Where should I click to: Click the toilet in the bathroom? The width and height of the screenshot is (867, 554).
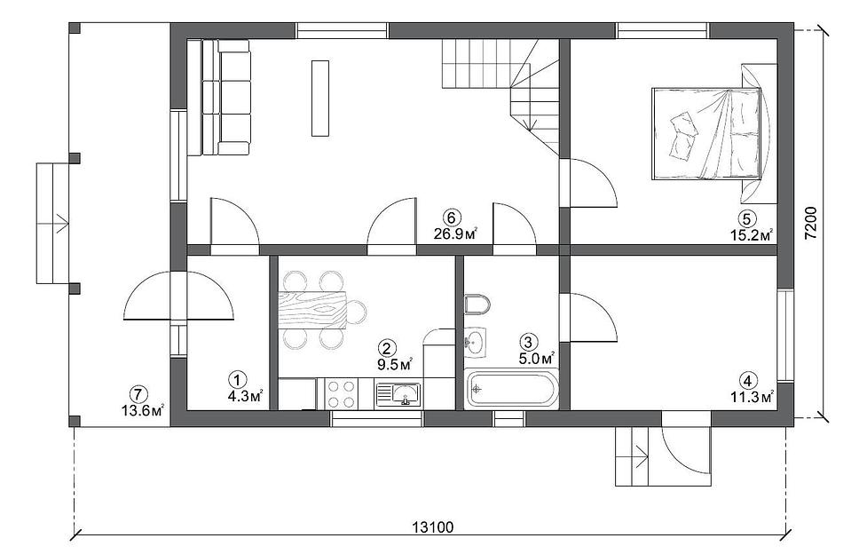coord(477,304)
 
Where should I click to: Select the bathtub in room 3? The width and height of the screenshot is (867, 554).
coord(511,390)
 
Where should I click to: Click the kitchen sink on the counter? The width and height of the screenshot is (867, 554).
coord(398,394)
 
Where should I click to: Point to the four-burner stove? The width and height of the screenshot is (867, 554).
coord(341,393)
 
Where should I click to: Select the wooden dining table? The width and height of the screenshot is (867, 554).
coord(311,311)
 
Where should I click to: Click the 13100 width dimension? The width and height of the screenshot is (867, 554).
coord(432,526)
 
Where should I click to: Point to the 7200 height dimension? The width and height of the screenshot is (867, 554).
coord(810,223)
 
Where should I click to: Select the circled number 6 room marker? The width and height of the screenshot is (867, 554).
coord(453,217)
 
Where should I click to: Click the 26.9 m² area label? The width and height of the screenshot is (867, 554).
coord(455,233)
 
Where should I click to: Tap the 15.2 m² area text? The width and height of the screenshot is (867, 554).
coord(752,235)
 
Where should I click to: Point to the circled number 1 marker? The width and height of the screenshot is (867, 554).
coord(237,380)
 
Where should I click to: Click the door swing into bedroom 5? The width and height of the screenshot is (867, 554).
coord(594,183)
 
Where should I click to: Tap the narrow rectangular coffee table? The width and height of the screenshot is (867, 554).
coord(320,98)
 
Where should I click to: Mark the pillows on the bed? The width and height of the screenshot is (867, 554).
coord(684,133)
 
